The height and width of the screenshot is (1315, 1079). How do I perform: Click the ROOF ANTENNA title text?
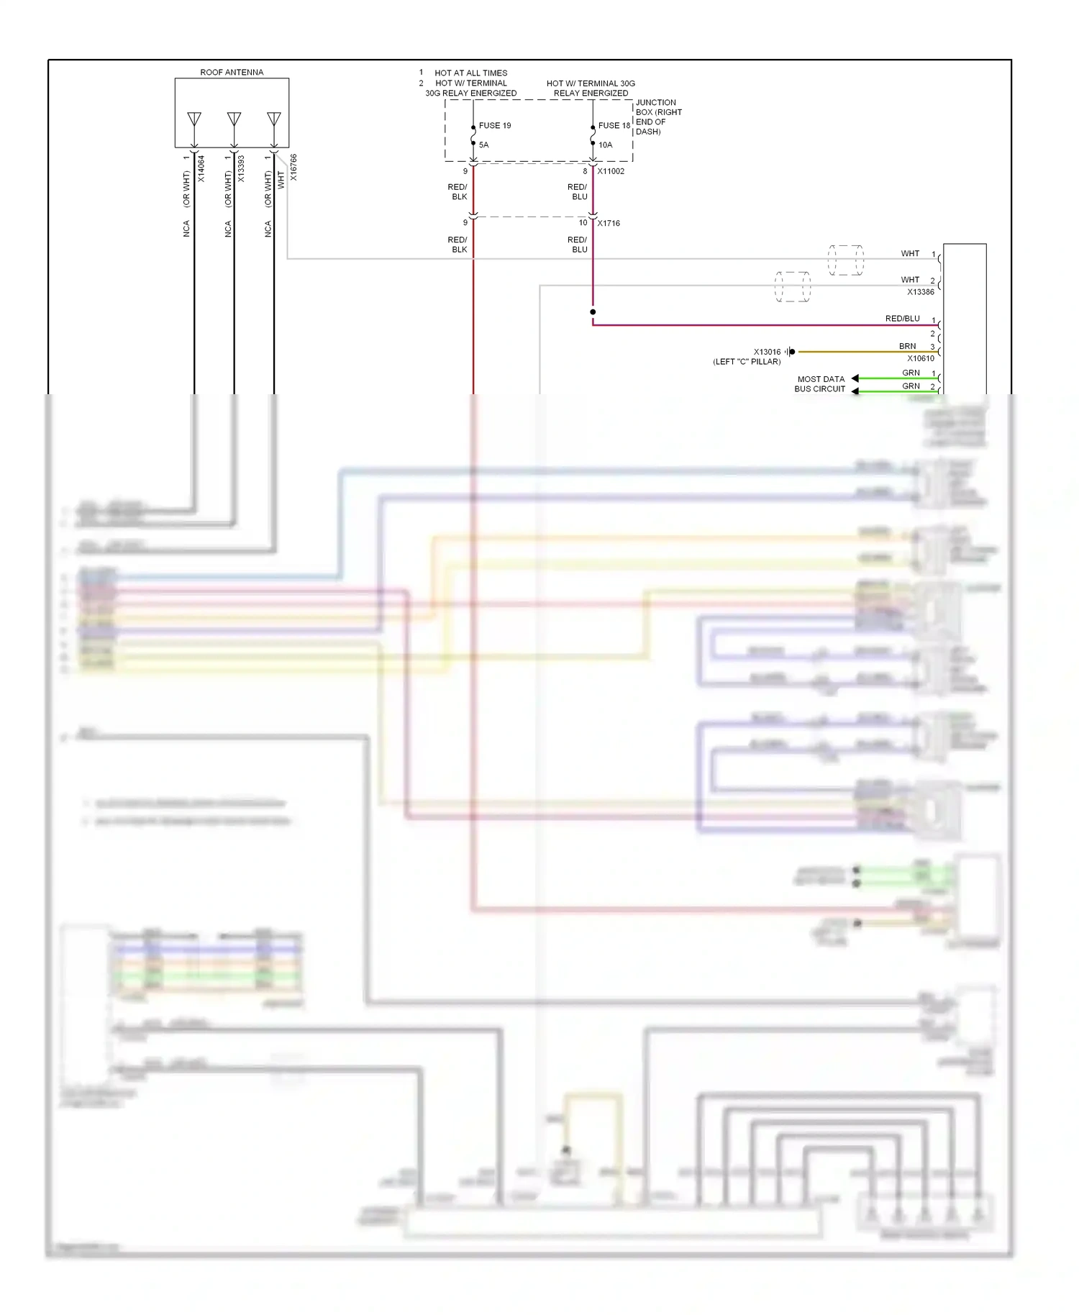click(232, 73)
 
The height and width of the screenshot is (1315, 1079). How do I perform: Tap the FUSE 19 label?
click(495, 126)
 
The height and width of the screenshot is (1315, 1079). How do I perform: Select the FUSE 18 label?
click(614, 126)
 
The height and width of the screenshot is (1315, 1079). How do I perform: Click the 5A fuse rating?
click(484, 145)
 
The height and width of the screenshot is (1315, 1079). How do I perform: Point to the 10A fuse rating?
click(606, 145)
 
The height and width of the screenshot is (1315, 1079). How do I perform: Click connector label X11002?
click(611, 172)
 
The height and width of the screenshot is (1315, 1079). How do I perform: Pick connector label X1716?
click(609, 224)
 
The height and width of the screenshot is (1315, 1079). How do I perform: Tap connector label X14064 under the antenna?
click(201, 168)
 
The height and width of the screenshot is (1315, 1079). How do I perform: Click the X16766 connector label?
click(293, 167)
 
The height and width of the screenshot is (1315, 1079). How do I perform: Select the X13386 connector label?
click(921, 292)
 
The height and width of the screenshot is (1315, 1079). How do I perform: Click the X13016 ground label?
click(767, 352)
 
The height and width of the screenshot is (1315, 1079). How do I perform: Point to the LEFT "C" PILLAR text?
click(747, 362)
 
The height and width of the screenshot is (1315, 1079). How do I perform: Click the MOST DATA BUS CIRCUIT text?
click(820, 384)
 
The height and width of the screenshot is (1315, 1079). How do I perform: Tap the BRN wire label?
click(907, 347)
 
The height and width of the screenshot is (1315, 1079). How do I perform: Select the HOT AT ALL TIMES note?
click(470, 73)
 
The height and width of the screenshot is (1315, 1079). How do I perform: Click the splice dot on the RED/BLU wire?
click(593, 312)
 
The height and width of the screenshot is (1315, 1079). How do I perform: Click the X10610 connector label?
click(921, 358)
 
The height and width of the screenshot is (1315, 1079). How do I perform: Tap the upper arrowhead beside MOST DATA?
click(855, 378)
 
